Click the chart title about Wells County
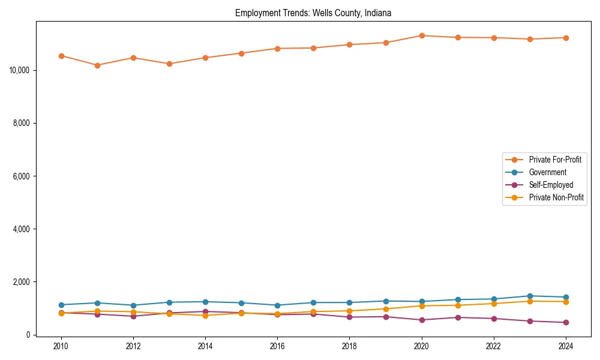point(313,13)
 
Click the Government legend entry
point(547,172)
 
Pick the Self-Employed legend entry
point(551,185)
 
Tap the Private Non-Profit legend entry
point(556,197)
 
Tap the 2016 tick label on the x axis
point(277,346)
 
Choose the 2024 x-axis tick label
point(565,346)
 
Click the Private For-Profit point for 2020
point(422,35)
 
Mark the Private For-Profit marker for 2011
point(97,65)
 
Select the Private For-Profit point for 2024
point(566,38)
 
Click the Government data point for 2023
point(530,296)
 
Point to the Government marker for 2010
point(61,305)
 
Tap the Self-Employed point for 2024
point(566,322)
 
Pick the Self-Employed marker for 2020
point(422,320)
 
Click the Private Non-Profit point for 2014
point(205,316)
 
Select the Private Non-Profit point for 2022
point(494,304)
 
